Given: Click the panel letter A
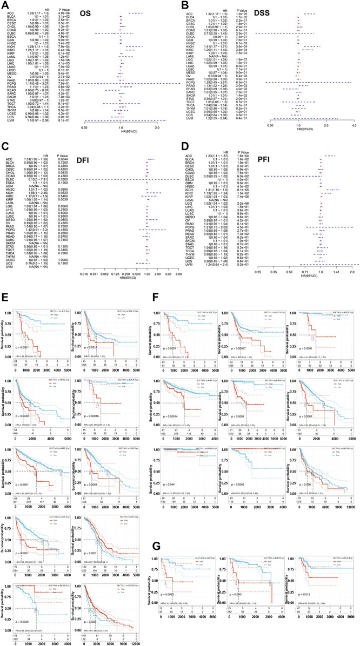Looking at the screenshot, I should (x=4, y=4).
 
